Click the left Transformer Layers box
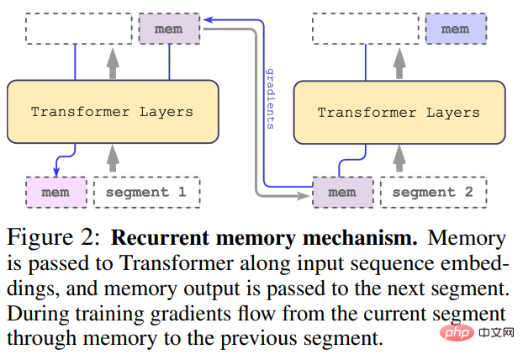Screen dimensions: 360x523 (112, 111)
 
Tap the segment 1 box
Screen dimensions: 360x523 (146, 192)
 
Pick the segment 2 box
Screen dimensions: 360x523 (432, 192)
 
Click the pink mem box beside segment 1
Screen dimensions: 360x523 (56, 192)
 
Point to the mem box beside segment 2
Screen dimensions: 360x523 (341, 192)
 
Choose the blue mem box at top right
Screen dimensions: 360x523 (455, 29)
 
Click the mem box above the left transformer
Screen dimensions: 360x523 (169, 29)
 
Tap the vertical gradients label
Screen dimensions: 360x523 (270, 98)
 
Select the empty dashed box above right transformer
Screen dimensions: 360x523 (366, 29)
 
